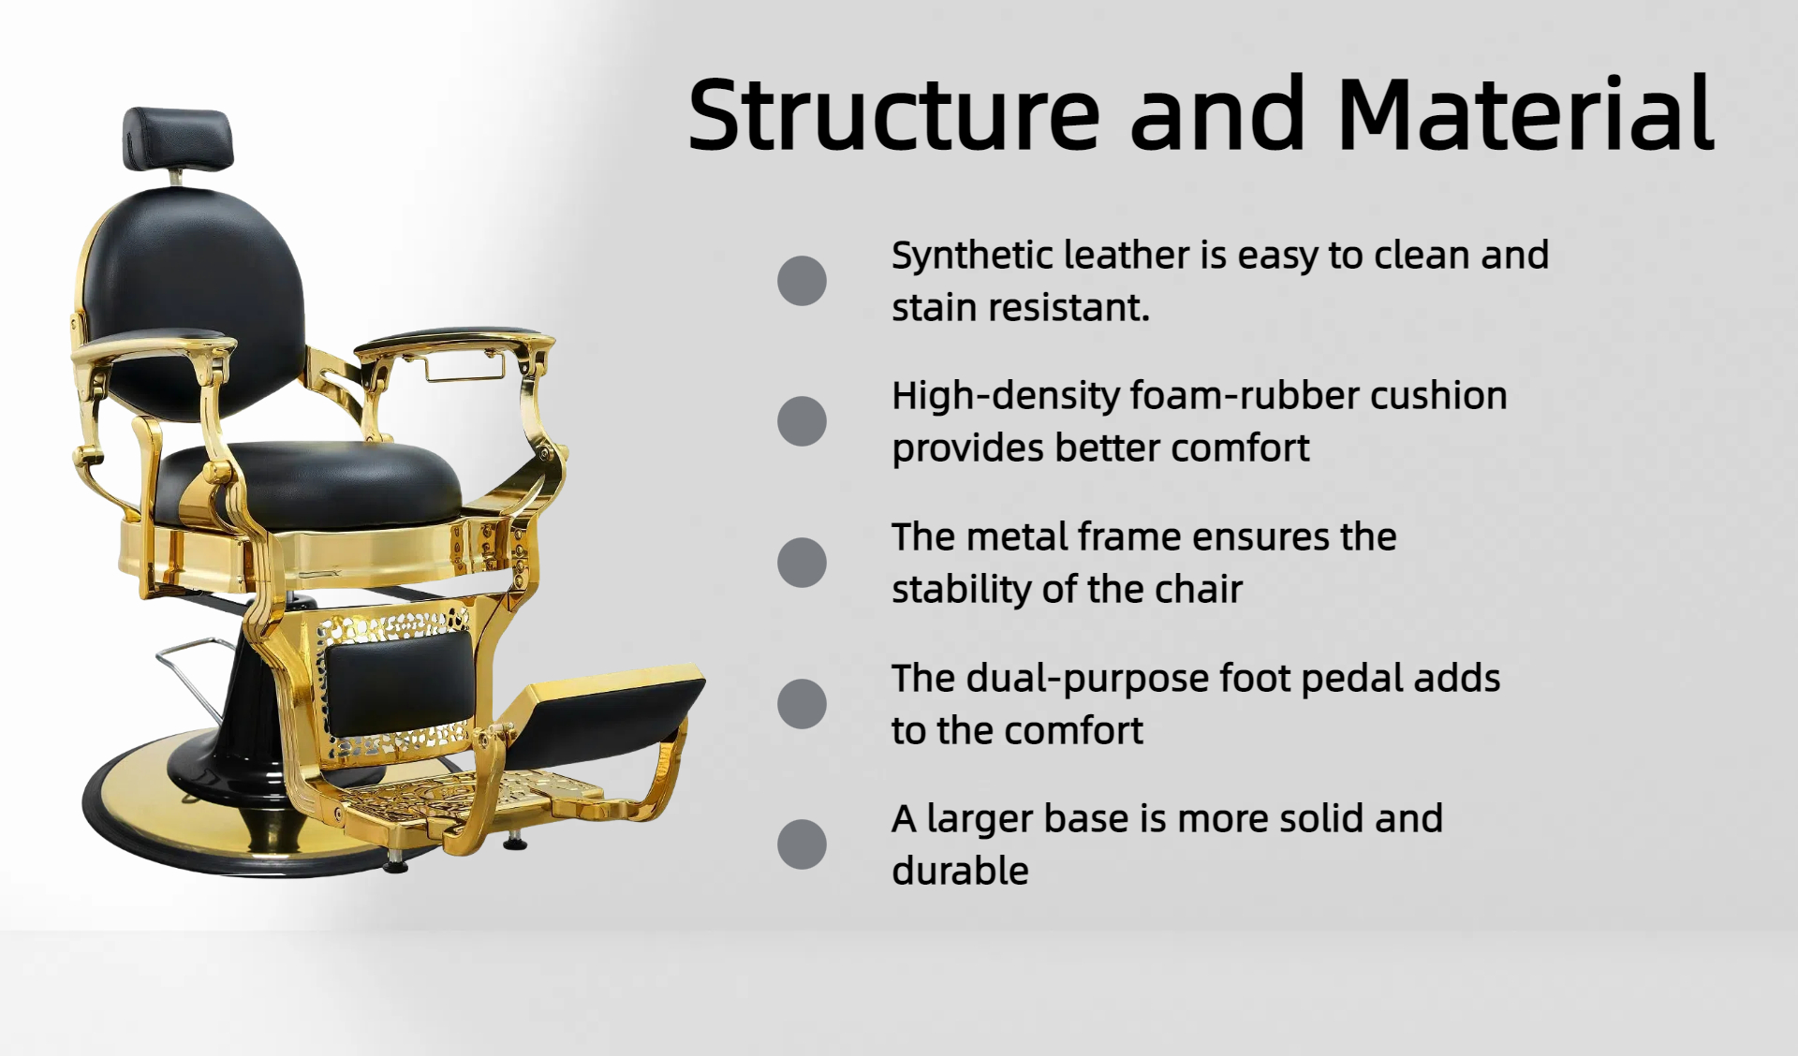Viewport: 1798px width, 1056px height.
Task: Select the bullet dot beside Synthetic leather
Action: pos(802,281)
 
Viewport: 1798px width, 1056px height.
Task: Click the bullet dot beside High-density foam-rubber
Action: pos(802,421)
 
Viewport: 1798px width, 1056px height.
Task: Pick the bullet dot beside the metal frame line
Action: pos(802,563)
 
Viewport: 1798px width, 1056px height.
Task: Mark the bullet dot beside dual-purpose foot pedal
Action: pos(802,704)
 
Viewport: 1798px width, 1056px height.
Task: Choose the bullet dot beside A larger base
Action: pos(802,844)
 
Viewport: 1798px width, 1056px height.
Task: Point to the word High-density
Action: pos(1006,397)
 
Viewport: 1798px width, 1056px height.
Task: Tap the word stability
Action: pos(961,590)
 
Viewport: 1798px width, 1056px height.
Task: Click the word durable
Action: pos(960,871)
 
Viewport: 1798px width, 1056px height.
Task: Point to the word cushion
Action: pos(1439,396)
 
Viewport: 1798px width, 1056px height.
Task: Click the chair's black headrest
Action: pos(177,139)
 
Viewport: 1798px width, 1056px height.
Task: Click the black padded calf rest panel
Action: pos(399,680)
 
